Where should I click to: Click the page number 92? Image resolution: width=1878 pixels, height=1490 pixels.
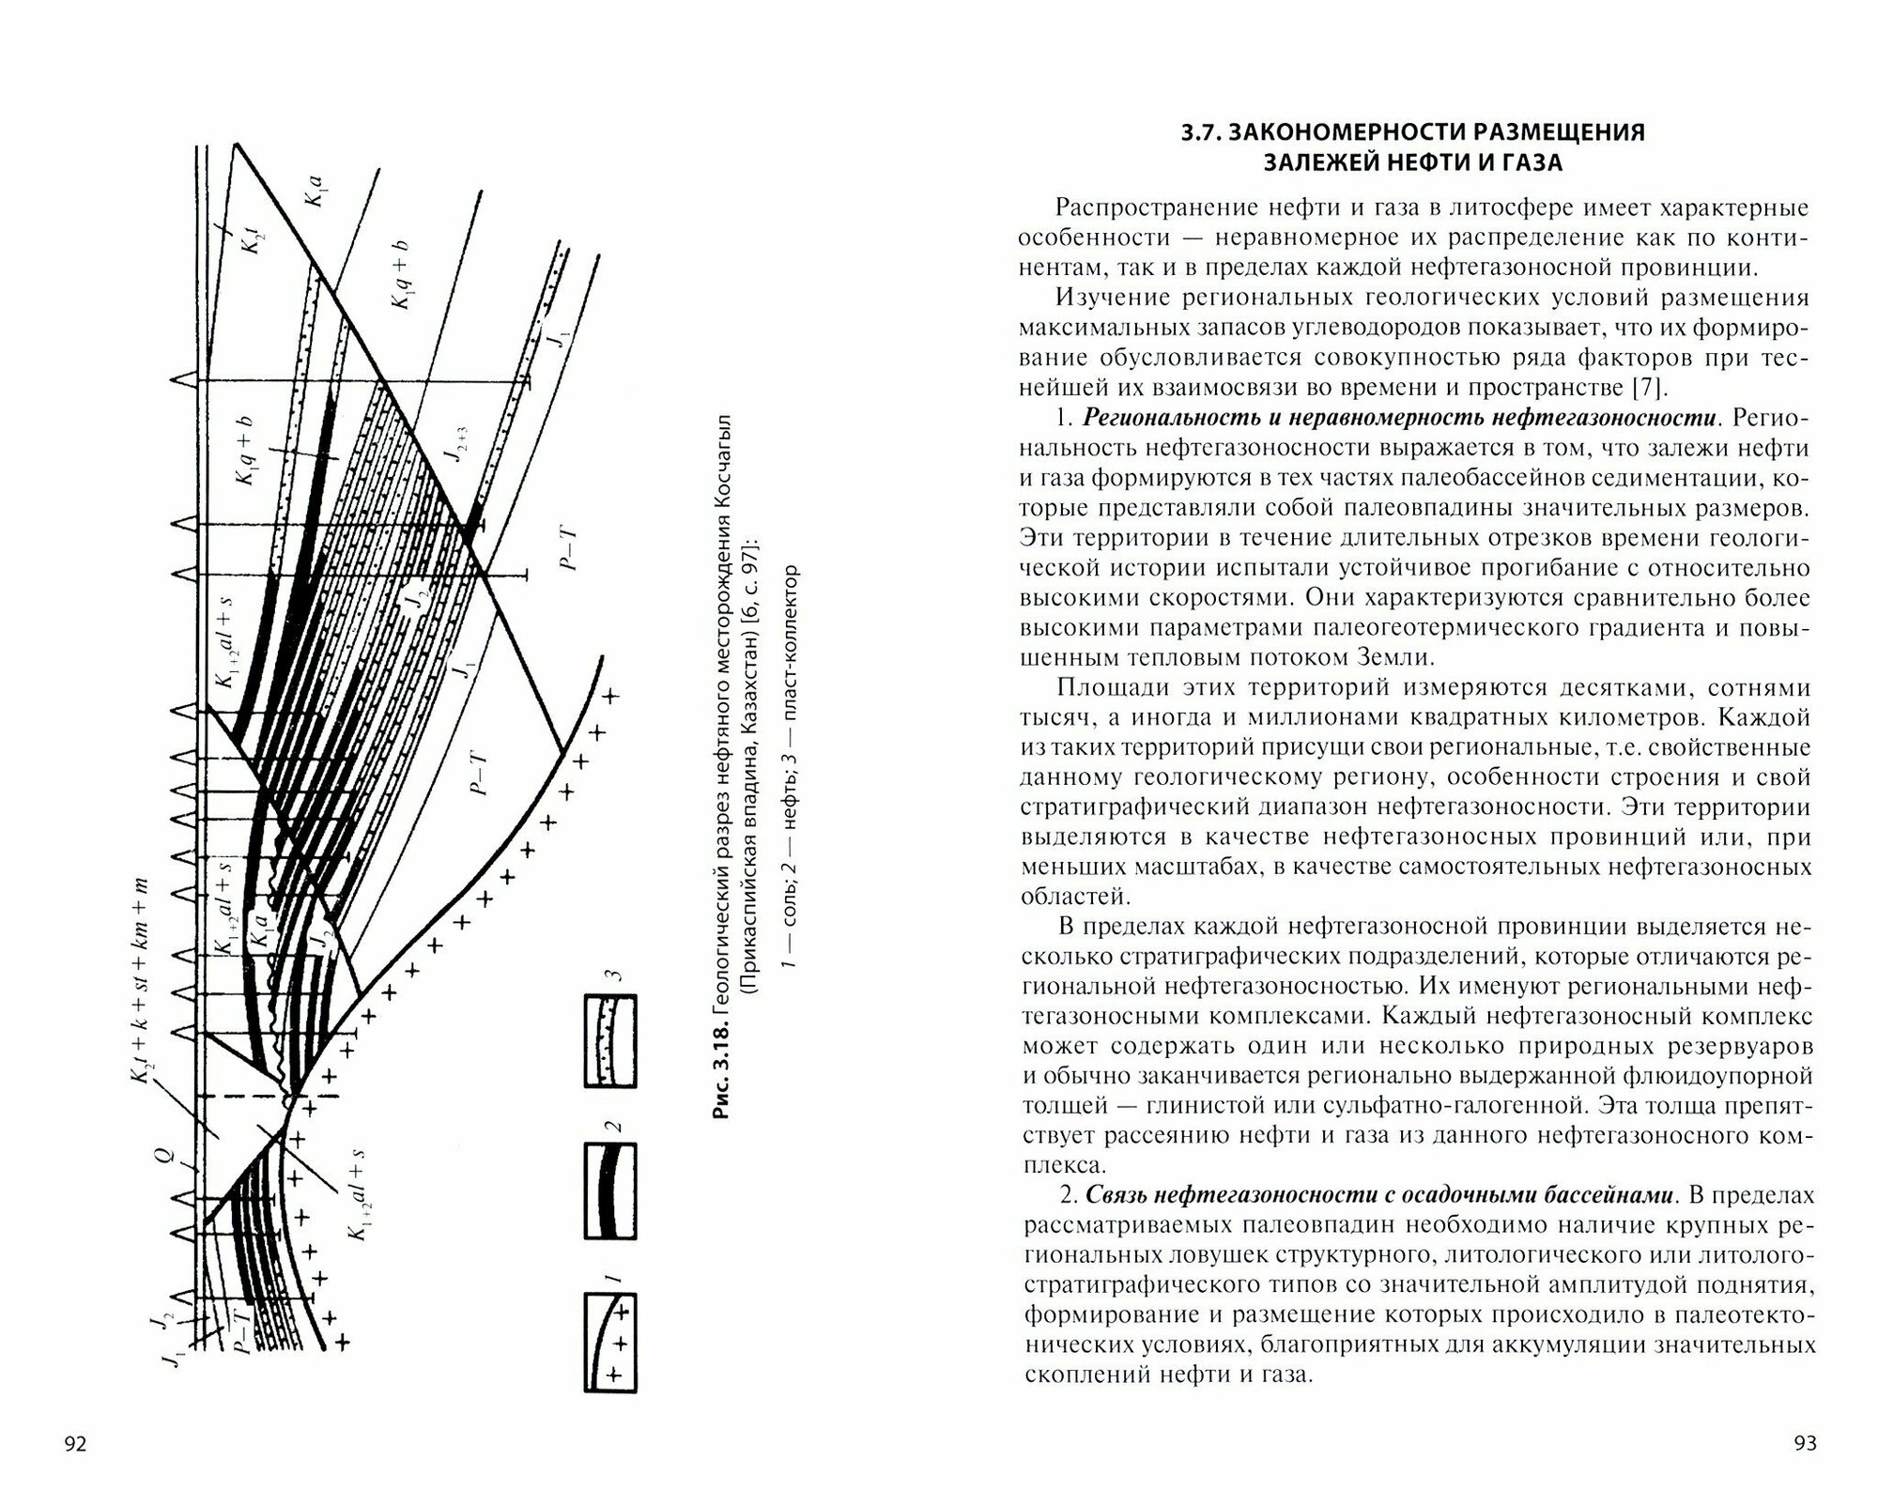[74, 1443]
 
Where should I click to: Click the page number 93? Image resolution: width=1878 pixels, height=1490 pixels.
[1804, 1443]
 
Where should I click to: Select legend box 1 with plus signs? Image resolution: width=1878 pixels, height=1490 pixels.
[609, 1342]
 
